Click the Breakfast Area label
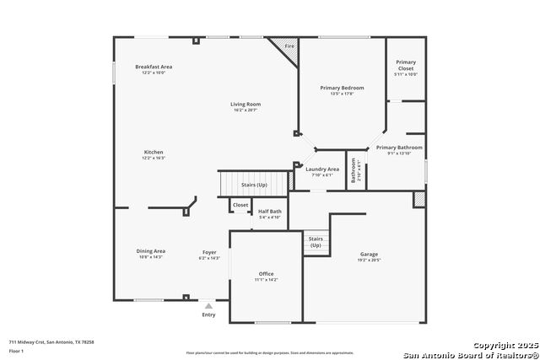pos(154,67)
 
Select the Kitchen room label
pos(154,153)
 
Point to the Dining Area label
pos(149,250)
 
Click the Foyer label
pos(208,252)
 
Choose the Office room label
pos(267,274)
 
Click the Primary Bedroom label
pos(342,88)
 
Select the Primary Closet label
pos(406,65)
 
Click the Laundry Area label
pos(322,169)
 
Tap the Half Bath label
pos(269,212)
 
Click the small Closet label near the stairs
pos(240,205)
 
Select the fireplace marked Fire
pos(289,46)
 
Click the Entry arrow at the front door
pos(208,306)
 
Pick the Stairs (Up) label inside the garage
pos(316,242)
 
